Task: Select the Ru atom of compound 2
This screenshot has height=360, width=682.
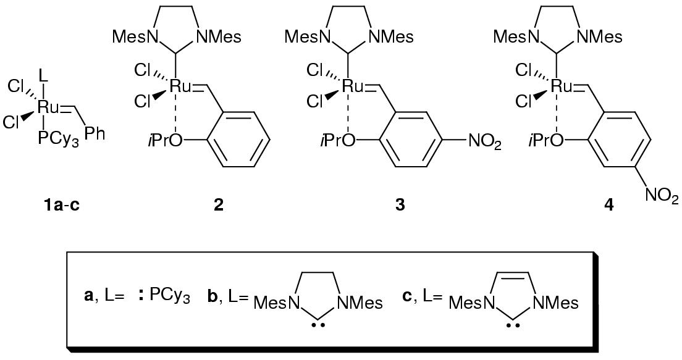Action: (x=182, y=87)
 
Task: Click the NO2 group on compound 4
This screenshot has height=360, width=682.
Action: (x=662, y=197)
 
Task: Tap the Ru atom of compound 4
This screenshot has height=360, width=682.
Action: (x=562, y=87)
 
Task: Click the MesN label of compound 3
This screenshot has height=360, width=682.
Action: (x=306, y=37)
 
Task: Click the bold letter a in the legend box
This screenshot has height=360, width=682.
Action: (x=88, y=296)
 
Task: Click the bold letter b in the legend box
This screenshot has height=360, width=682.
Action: (x=212, y=296)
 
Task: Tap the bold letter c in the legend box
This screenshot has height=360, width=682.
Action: (x=406, y=296)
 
